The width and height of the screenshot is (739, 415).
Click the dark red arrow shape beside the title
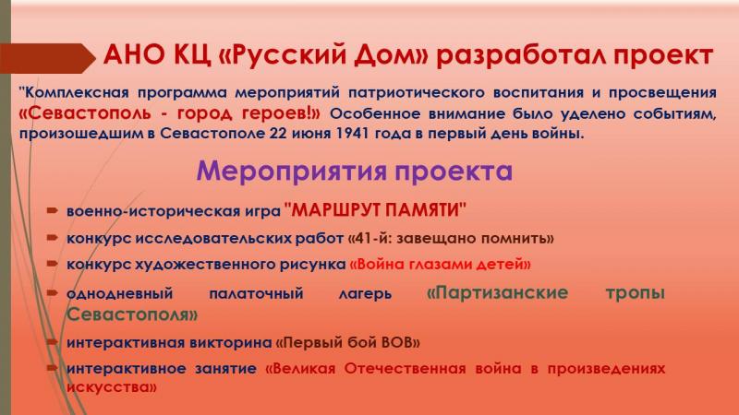click(47, 58)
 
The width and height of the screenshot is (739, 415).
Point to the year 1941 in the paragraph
click(352, 134)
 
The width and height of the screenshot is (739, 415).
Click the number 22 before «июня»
click(279, 134)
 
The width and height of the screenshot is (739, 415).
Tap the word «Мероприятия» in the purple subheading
click(292, 172)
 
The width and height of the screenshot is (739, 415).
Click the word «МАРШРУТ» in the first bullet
click(334, 210)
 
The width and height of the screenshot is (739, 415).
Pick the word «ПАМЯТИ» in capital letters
click(421, 210)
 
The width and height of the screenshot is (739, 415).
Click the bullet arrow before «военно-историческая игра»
click(53, 210)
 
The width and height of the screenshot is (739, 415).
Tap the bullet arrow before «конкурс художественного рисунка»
click(53, 264)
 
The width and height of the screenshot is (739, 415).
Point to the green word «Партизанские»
click(498, 292)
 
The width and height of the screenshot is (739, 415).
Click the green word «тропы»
click(635, 293)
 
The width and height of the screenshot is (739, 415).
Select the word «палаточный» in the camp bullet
click(256, 294)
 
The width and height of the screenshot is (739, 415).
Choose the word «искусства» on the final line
click(108, 387)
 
